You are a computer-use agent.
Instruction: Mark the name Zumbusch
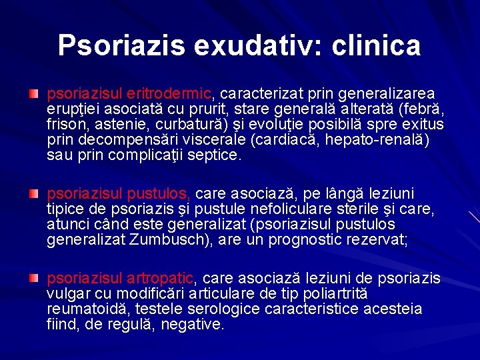coord(179,240)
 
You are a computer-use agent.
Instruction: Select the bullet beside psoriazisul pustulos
coord(33,193)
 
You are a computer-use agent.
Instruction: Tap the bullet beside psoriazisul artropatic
coord(33,277)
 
